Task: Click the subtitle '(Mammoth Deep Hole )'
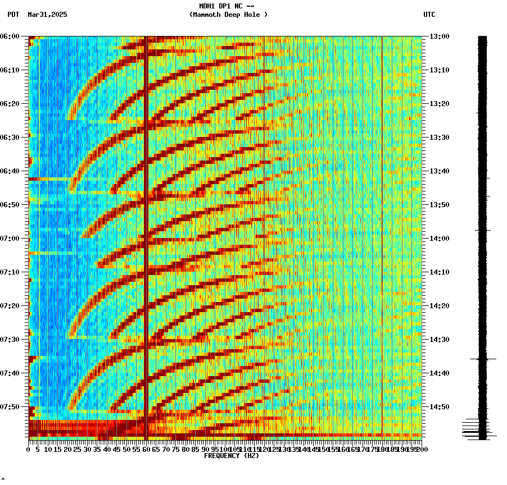pos(228,15)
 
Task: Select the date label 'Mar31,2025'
pos(47,15)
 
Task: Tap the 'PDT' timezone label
pos(13,15)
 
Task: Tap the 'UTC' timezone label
pos(429,15)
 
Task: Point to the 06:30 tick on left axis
pos(11,138)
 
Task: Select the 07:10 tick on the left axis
pos(11,272)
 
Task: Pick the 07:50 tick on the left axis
pos(11,407)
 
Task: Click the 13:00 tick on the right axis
pos(439,36)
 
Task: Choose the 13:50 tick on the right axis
pos(439,205)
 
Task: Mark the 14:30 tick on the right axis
pos(439,340)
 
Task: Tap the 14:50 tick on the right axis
pos(439,407)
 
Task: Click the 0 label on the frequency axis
pos(29,450)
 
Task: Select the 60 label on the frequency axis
pos(147,450)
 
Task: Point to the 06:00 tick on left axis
pos(11,36)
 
